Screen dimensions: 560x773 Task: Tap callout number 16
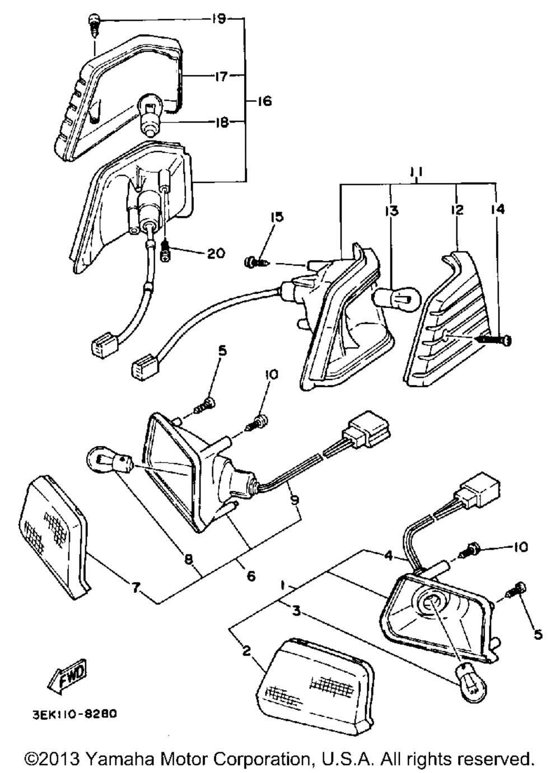point(264,101)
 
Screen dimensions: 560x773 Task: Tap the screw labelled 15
point(255,263)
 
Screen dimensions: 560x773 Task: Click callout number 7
point(136,587)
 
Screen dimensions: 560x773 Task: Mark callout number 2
point(246,651)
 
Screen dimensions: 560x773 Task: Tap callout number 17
point(220,76)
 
